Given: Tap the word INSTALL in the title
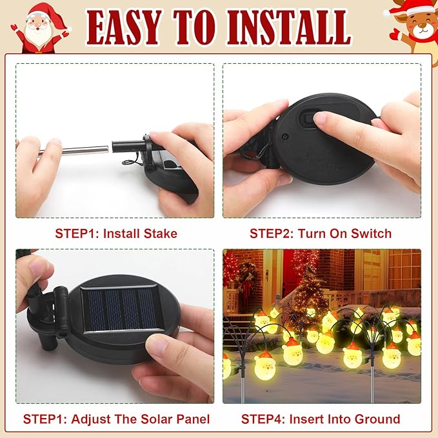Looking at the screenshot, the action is click(289, 27).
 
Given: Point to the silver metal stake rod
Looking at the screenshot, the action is click(73, 151).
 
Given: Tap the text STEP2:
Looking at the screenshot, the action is click(272, 234).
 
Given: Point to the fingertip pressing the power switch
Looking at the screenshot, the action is click(321, 119).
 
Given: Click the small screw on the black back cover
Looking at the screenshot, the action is click(284, 137).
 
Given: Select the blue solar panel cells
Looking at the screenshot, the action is click(123, 309).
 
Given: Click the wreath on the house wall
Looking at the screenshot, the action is click(247, 273).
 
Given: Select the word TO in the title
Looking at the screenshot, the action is click(195, 27).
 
